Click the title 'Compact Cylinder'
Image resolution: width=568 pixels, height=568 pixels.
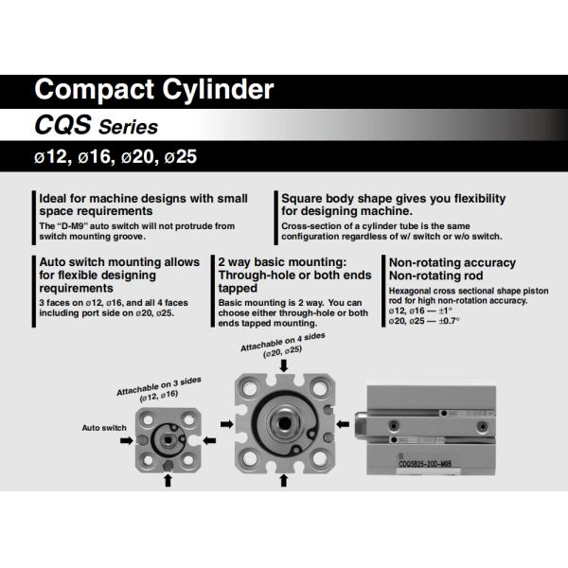[153, 91]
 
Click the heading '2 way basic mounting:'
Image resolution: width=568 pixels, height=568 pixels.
[280, 261]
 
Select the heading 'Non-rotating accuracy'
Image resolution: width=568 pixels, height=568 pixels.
[452, 261]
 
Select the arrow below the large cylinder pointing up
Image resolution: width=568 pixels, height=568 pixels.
[284, 481]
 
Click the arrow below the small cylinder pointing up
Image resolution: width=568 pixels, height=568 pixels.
[169, 481]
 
